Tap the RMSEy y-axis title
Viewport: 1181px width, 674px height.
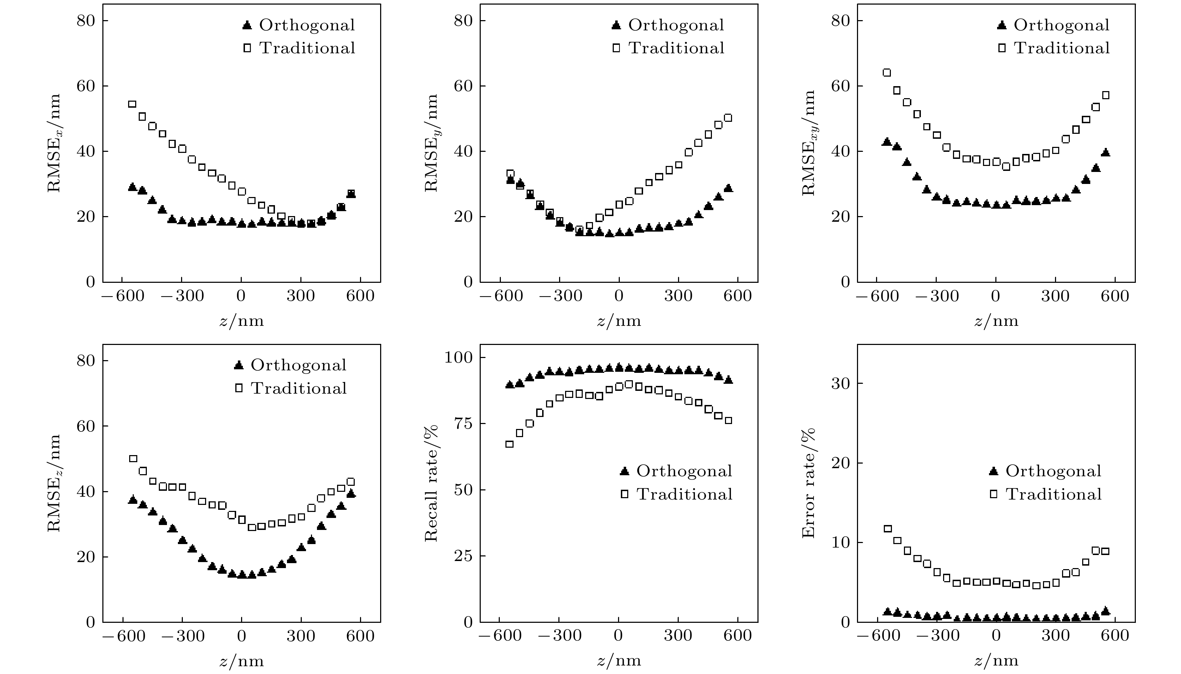click(x=432, y=143)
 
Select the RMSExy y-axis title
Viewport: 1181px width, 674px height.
click(x=809, y=143)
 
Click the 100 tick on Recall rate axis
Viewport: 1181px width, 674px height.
click(x=457, y=357)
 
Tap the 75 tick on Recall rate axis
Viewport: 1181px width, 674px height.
click(x=462, y=424)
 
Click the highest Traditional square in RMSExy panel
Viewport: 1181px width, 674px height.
click(x=887, y=73)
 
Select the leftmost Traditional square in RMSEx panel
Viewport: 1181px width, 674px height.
click(x=132, y=104)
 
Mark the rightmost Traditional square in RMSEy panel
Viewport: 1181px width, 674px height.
click(x=728, y=118)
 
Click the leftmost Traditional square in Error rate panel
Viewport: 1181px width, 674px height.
click(x=888, y=529)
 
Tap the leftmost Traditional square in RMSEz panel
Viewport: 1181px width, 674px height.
click(x=133, y=459)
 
